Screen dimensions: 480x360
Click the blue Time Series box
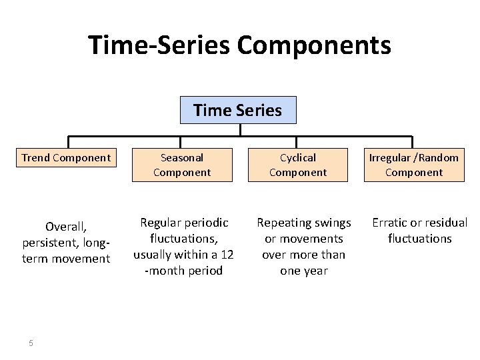(x=238, y=110)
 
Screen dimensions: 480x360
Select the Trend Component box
(x=66, y=158)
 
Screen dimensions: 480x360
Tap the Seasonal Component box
(x=182, y=165)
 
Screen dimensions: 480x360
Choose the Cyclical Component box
(x=298, y=165)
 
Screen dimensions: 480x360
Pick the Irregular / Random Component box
(x=414, y=165)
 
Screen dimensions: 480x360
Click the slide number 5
(x=31, y=343)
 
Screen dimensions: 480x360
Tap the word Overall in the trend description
(x=65, y=227)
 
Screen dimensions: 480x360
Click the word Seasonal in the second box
(x=182, y=158)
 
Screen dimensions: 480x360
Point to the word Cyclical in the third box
(x=298, y=158)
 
